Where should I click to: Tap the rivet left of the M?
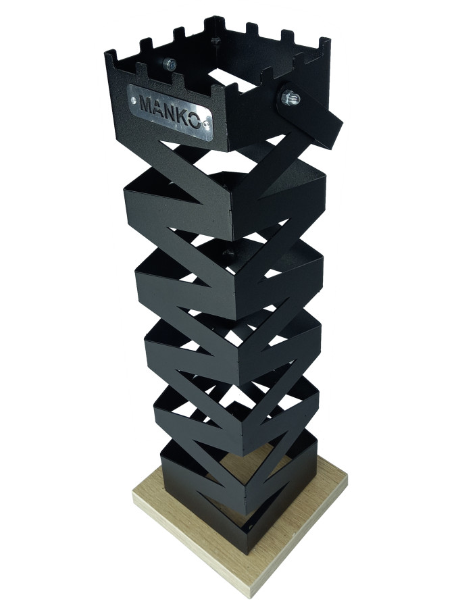tap(133, 101)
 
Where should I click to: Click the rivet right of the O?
tap(205, 124)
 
